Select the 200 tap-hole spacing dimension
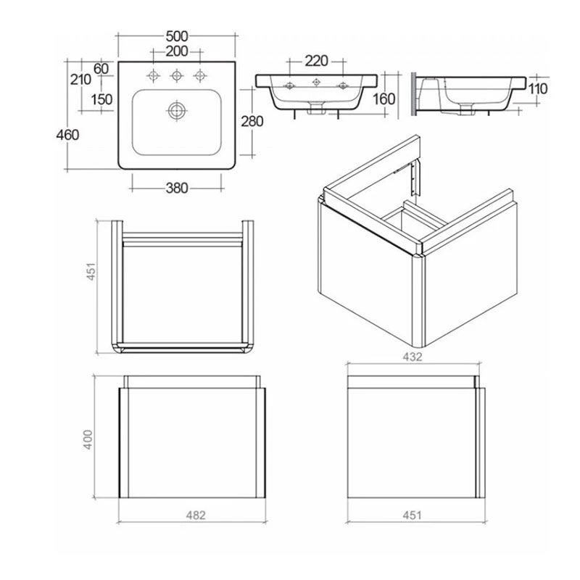(x=176, y=51)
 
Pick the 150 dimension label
(x=101, y=99)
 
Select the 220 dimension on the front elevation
(x=316, y=60)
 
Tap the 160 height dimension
(x=384, y=99)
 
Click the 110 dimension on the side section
(x=537, y=88)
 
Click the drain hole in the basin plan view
(x=175, y=110)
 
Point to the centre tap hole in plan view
(x=175, y=75)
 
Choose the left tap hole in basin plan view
(x=154, y=75)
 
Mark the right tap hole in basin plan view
(x=197, y=75)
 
